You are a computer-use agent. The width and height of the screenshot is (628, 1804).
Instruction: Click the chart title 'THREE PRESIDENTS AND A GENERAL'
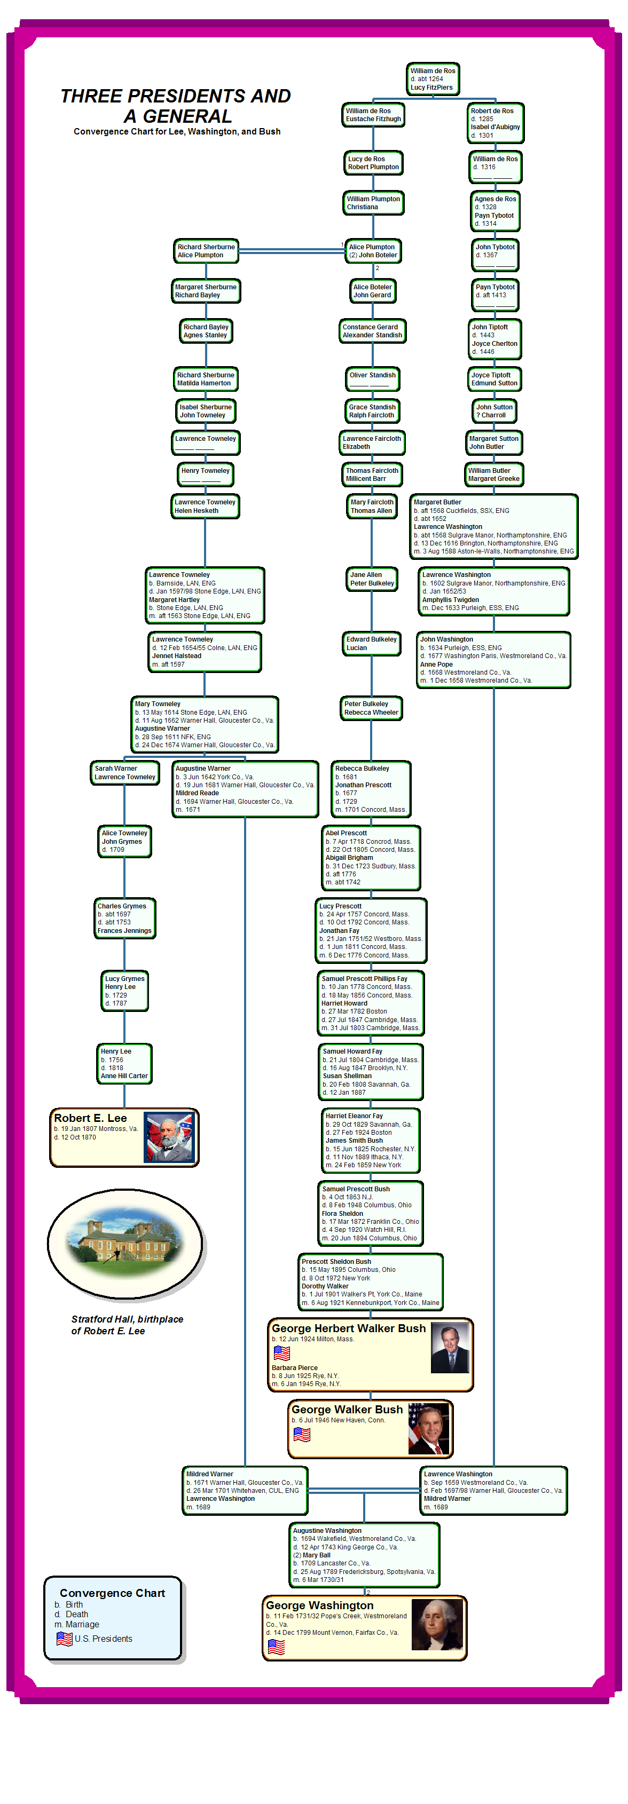click(175, 106)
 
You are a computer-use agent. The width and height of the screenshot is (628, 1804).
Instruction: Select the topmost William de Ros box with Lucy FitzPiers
click(433, 79)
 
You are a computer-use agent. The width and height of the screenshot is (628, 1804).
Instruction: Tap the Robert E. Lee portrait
click(168, 1137)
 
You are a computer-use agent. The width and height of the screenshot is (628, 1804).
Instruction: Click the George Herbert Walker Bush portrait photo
click(449, 1348)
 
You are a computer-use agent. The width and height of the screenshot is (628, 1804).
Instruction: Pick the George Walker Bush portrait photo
click(428, 1429)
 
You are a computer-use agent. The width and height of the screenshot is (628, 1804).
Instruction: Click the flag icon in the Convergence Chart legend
click(65, 1639)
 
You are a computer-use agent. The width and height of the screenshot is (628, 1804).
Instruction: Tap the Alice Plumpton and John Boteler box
click(373, 251)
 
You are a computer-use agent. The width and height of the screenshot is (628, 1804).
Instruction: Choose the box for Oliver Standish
click(373, 379)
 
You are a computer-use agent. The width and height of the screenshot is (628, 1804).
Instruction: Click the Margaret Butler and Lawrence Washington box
click(494, 527)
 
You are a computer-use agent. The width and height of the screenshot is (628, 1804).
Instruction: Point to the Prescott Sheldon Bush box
click(371, 1281)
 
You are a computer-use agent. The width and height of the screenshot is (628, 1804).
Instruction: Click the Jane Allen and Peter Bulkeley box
click(372, 579)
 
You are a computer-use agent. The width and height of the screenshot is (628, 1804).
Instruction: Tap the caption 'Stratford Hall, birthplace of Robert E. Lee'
click(127, 1325)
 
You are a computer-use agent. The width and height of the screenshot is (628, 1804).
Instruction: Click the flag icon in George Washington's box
click(276, 1647)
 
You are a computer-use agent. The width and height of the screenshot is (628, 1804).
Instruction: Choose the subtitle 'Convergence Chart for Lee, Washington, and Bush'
click(177, 132)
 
